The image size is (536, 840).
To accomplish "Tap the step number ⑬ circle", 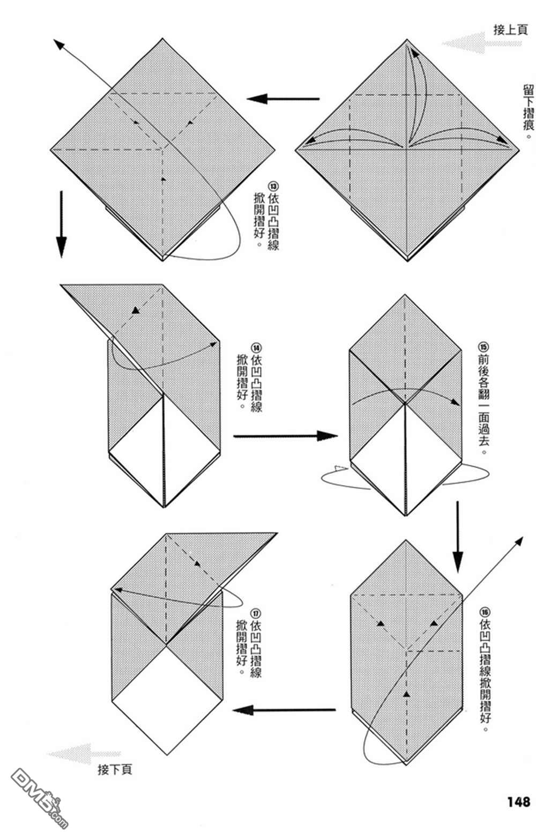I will point(273,187).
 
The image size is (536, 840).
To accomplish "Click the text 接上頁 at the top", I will point(510,30).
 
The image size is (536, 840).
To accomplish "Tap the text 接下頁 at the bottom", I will point(115,769).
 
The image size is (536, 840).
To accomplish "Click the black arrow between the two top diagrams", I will point(282,99).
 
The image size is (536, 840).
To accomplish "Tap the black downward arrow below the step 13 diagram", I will point(62,224).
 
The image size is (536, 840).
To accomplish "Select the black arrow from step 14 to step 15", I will point(285,435).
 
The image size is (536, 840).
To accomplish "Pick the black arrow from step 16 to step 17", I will point(284,710).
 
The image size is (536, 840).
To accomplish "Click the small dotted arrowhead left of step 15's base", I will point(339,467).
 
